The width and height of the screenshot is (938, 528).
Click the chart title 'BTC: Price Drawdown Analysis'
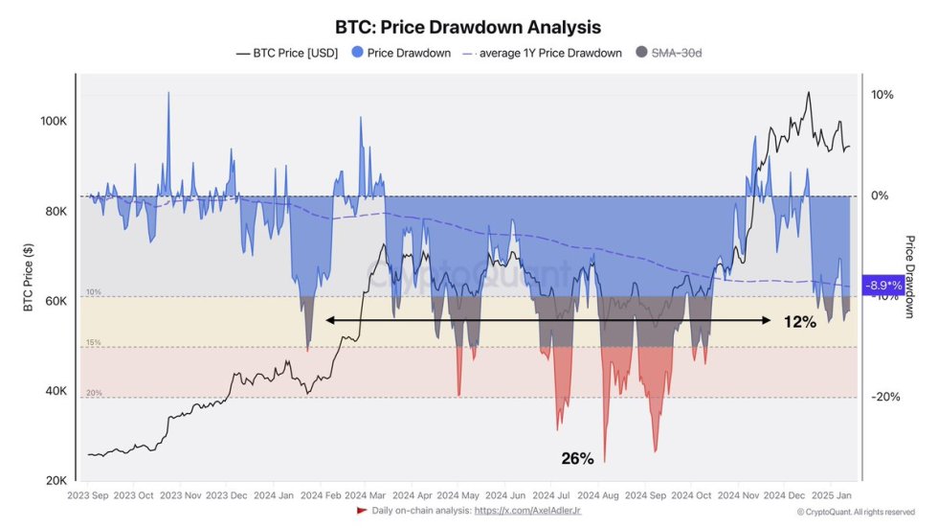(468, 28)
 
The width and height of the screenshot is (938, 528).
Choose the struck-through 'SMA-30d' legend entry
(676, 53)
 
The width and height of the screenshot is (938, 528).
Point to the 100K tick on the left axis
(53, 122)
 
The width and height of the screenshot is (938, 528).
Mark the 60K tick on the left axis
(54, 301)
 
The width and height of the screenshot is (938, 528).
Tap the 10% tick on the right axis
(882, 95)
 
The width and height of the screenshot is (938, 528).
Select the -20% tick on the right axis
(884, 398)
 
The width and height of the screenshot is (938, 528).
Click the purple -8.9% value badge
(883, 286)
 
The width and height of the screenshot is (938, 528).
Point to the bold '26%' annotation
(577, 459)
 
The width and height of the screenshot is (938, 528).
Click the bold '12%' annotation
(799, 322)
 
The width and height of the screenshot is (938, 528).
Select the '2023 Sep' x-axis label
(89, 495)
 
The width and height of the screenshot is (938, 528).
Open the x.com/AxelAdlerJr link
(527, 511)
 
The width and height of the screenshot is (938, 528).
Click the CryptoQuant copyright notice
(855, 512)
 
